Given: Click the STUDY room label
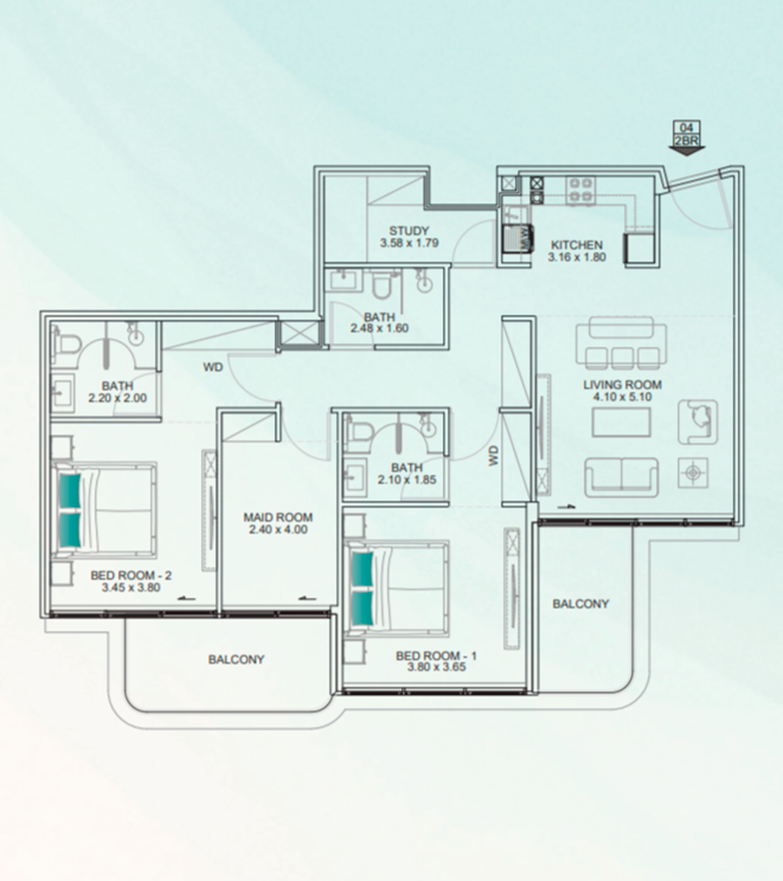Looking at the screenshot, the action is (x=409, y=231).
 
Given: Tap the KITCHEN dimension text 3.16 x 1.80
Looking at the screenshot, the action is (x=577, y=257).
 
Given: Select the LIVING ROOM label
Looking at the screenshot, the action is (x=622, y=385).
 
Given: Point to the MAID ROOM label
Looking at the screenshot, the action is (x=278, y=517).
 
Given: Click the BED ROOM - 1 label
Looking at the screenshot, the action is (x=436, y=656).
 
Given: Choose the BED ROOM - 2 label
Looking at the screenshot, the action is (x=131, y=576).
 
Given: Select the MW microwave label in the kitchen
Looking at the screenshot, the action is (x=525, y=237).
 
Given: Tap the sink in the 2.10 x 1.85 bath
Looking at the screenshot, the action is (x=354, y=477).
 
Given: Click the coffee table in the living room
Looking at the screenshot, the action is (x=621, y=422).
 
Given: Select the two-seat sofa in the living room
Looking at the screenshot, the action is (x=621, y=477).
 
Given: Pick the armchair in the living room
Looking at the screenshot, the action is (x=698, y=422).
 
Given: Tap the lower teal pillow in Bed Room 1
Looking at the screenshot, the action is (x=362, y=608).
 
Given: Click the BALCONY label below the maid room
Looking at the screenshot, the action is (x=236, y=659).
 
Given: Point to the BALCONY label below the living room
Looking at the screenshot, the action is (x=580, y=604).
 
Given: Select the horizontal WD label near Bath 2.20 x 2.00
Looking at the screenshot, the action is (x=213, y=368).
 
